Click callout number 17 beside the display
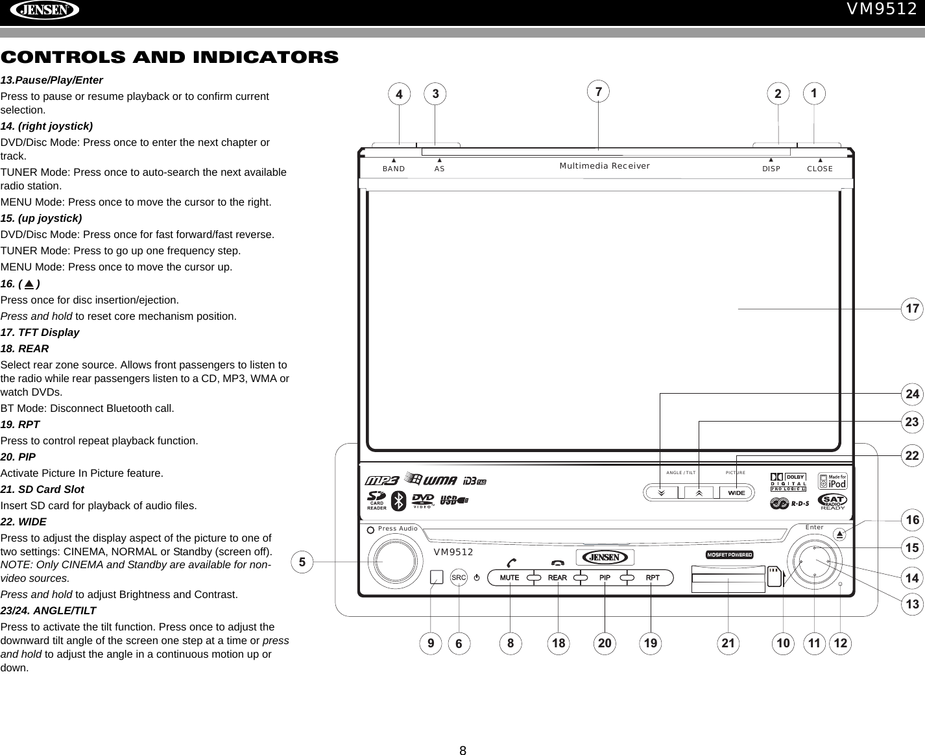(913, 309)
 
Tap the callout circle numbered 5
(302, 561)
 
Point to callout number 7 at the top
(599, 91)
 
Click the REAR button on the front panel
(557, 577)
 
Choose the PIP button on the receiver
(605, 577)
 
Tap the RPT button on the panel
(652, 577)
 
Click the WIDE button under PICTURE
(736, 492)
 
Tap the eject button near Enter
(839, 534)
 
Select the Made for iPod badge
(832, 482)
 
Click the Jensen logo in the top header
(40, 11)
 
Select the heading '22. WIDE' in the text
(23, 521)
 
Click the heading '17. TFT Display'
(40, 332)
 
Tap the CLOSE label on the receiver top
(820, 169)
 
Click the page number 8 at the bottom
(463, 751)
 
